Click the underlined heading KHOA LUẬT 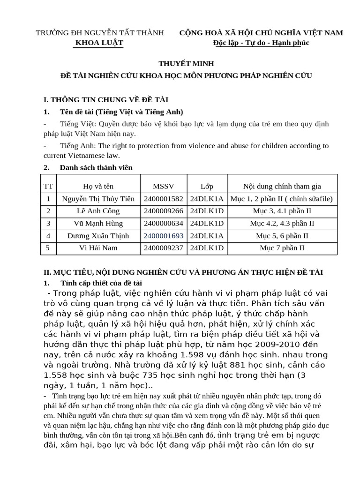99,43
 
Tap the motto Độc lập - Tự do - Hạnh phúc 261,43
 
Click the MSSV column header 164,186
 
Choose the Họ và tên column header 98,186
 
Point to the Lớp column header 207,186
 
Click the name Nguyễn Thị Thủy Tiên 98,199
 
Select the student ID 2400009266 164,211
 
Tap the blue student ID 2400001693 164,236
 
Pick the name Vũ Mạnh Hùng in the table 98,224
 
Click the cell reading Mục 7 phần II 282,248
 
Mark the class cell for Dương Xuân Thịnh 207,236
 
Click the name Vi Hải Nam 98,248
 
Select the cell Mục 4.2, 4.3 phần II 282,224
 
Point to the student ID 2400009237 164,248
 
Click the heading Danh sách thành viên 96,167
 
